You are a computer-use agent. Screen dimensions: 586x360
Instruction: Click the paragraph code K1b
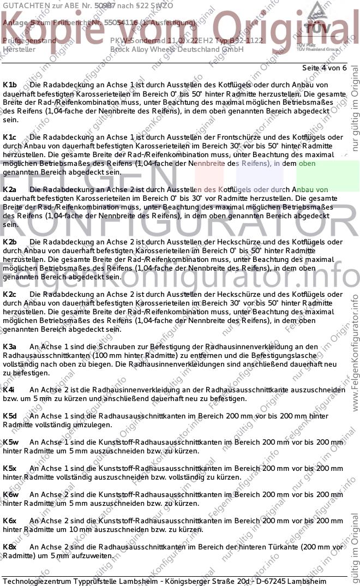10,85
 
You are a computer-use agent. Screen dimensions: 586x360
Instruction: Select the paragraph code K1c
10,137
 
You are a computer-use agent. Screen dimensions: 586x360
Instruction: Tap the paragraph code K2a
10,189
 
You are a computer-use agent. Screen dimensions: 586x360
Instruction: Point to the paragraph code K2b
10,242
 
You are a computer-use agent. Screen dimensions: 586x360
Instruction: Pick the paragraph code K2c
10,294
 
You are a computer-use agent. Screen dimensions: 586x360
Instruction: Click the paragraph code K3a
10,346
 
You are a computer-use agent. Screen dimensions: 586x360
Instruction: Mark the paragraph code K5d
10,416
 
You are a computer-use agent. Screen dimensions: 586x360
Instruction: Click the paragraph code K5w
11,442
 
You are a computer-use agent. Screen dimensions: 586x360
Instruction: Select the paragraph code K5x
10,468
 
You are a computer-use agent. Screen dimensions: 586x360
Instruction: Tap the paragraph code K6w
11,494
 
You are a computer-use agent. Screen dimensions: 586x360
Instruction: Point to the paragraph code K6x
10,521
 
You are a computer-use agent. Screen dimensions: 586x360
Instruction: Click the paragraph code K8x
10,547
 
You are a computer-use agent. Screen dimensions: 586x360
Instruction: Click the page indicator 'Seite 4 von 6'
324,68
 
